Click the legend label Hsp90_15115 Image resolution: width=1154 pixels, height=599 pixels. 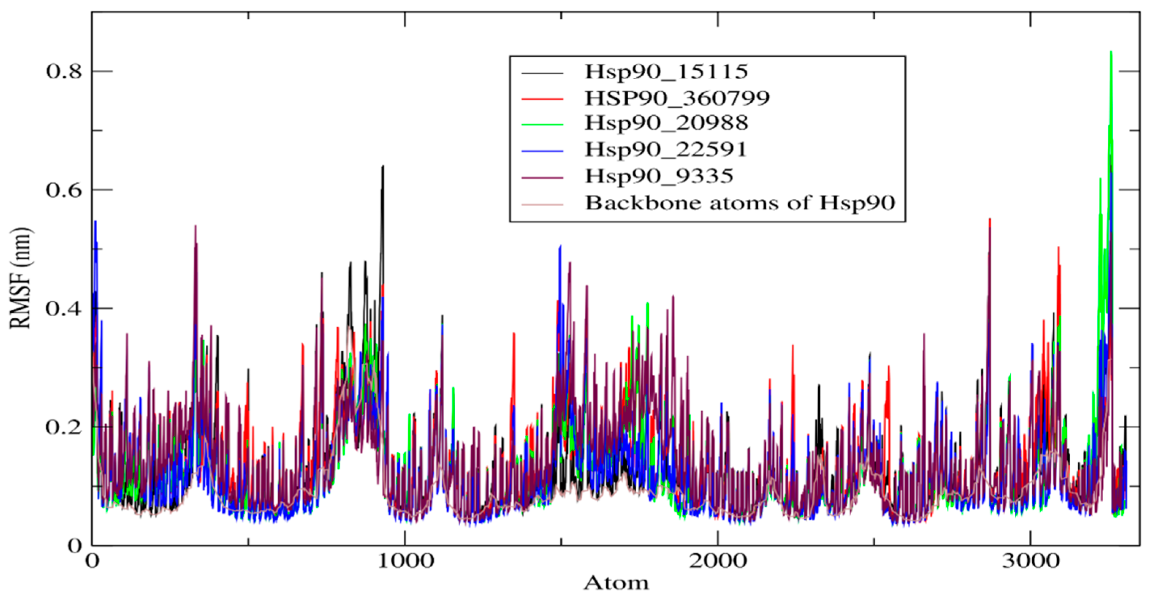pos(666,72)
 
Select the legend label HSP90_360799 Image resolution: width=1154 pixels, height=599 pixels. pos(677,98)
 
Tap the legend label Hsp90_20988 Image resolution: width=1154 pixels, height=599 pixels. pos(666,123)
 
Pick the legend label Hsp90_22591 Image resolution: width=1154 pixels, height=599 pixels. pos(666,149)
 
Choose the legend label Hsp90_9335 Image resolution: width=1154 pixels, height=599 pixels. pos(659,176)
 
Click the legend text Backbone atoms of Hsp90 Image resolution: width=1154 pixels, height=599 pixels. pos(740,203)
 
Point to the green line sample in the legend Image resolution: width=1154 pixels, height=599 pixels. pos(542,124)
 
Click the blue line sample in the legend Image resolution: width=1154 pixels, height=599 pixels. pos(542,151)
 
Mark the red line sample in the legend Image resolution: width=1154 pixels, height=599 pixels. pos(542,98)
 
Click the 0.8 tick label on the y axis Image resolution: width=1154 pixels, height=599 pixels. pos(64,72)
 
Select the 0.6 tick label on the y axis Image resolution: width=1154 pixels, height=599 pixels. pos(64,190)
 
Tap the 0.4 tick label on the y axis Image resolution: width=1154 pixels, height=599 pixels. pos(64,309)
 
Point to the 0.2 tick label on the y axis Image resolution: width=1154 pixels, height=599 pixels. pos(64,427)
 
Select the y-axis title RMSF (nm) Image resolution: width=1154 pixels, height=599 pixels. pos(20,278)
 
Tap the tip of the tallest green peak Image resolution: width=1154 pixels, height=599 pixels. pos(1111,52)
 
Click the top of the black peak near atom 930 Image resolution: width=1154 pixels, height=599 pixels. pos(383,166)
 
